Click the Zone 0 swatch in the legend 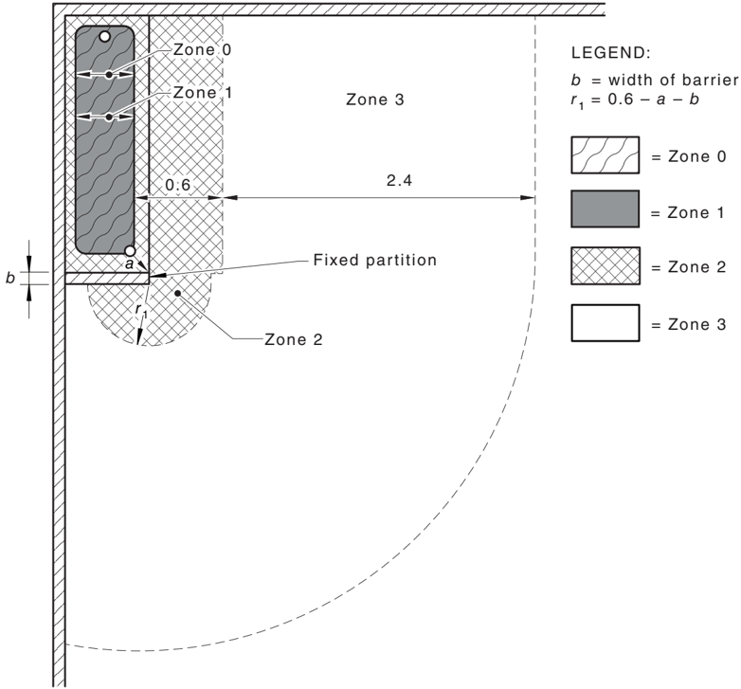[x=605, y=155]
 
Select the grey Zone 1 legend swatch [x=605, y=209]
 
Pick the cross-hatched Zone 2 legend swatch [x=605, y=265]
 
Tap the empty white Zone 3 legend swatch [x=605, y=323]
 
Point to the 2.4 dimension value [x=399, y=180]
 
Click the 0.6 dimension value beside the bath [x=178, y=184]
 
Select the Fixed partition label [x=374, y=260]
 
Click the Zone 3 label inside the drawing [x=374, y=100]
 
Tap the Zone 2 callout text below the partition [x=294, y=339]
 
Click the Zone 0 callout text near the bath [x=202, y=49]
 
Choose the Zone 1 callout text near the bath [x=202, y=92]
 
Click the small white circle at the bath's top [x=105, y=36]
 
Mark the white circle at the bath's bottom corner [x=130, y=250]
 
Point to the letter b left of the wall [x=10, y=278]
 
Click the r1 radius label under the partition [x=141, y=311]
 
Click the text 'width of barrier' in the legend [x=673, y=80]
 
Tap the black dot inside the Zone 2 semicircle [x=178, y=294]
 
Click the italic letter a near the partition [x=130, y=264]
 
